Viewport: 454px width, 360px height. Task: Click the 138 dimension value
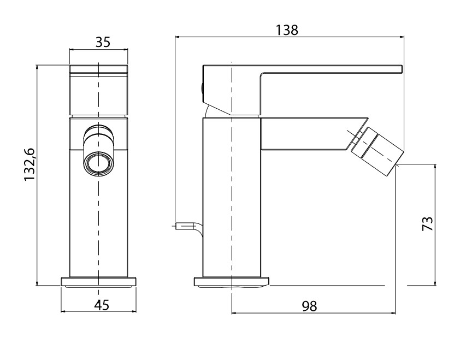tap(286, 30)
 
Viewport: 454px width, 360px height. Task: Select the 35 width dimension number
tap(103, 42)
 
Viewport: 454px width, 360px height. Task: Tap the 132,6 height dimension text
tap(30, 164)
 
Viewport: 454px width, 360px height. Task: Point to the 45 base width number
tap(102, 305)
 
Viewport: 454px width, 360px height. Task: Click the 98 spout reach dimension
tap(310, 306)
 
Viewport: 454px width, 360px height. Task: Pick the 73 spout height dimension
tap(427, 223)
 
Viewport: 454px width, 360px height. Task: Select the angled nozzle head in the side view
tap(376, 151)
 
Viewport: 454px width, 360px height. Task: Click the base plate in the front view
tap(98, 282)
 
